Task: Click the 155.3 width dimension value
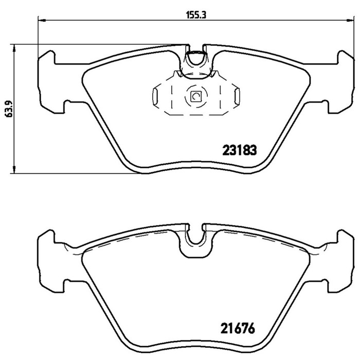coord(196,15)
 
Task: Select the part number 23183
coord(240,151)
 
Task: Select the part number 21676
coord(238,328)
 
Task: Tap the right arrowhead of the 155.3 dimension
coord(350,21)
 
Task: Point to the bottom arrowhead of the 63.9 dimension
coord(14,169)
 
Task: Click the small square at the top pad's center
coord(196,97)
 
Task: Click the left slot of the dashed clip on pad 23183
coord(155,97)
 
